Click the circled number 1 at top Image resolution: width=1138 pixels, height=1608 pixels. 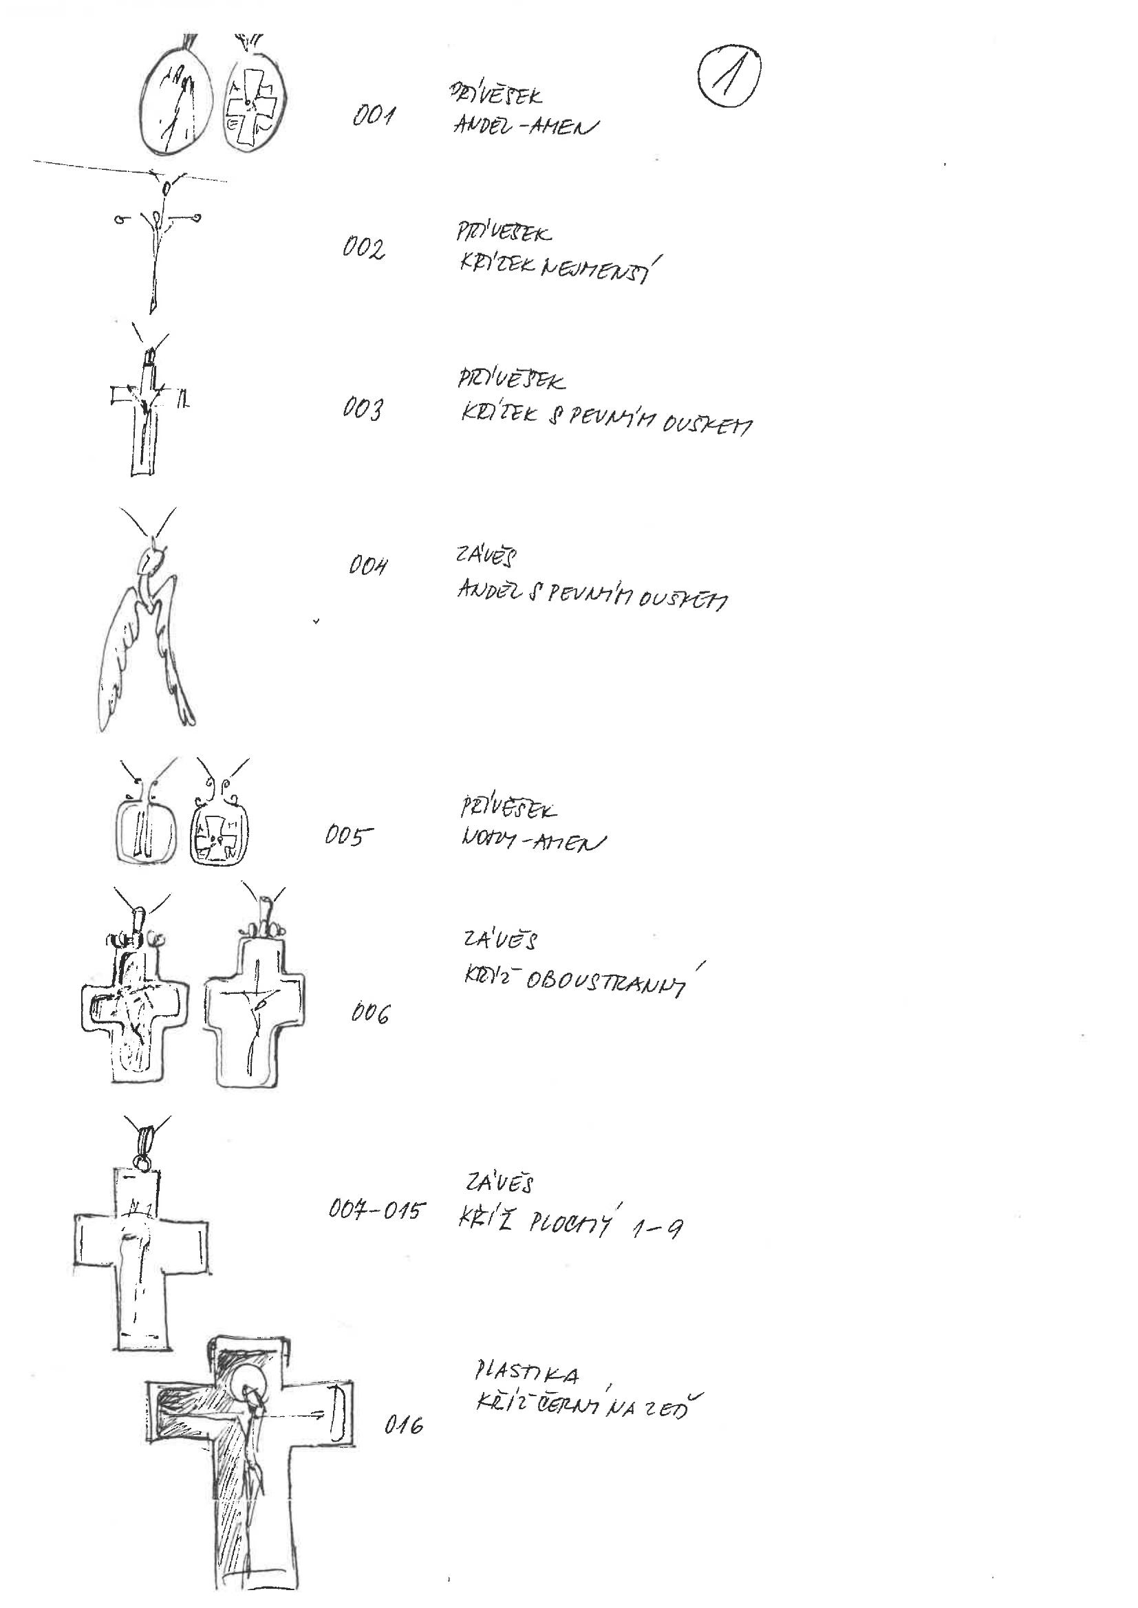[x=729, y=83]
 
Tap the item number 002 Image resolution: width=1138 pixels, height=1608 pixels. [x=364, y=250]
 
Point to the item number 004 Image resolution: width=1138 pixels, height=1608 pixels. [x=368, y=566]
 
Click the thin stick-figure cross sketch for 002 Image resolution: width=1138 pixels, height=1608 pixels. [x=158, y=241]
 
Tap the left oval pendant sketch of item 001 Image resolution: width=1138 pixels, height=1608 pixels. [x=175, y=102]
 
